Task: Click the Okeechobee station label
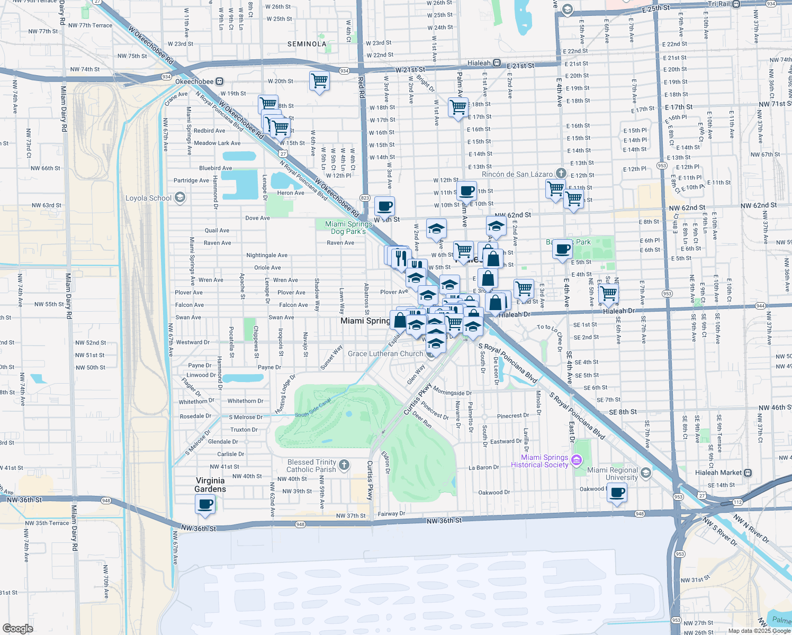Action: (195, 81)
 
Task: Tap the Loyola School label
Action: (149, 198)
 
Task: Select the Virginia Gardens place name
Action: (210, 485)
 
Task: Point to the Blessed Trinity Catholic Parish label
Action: (311, 466)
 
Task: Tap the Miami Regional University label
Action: (613, 474)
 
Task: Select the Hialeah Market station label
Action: (718, 473)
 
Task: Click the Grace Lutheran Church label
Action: (385, 353)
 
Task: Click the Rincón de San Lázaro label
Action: (517, 174)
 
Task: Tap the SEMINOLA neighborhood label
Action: (307, 44)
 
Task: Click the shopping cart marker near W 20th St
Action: (319, 81)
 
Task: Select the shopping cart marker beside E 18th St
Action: (458, 107)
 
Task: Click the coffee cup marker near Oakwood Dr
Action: (617, 493)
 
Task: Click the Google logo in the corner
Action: (17, 628)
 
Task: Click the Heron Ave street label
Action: (291, 193)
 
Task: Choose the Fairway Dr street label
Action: (391, 514)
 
